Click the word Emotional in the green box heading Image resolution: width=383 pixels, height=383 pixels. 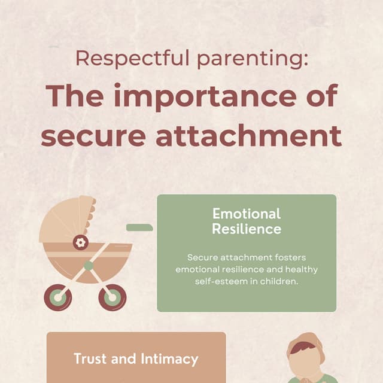(247, 214)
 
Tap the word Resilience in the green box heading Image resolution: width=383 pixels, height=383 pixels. (247, 229)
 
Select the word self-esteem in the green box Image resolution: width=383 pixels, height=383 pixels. (220, 281)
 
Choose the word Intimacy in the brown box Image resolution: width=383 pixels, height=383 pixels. (169, 359)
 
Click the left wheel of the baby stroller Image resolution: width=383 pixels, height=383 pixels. (57, 297)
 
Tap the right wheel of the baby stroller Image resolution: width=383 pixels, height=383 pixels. (113, 297)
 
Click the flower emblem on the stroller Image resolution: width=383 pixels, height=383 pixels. (80, 242)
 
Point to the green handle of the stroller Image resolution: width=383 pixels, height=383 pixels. (139, 227)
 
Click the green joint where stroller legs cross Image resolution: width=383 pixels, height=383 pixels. (89, 265)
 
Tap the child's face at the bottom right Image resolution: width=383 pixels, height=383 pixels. (305, 363)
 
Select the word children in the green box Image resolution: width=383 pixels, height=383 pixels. (279, 281)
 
